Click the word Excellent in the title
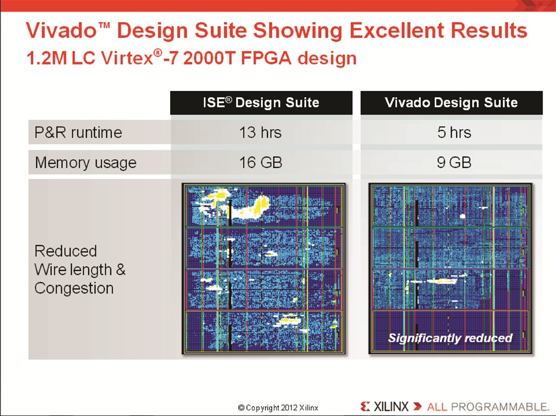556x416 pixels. point(397,30)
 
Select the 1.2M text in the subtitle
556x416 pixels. point(47,58)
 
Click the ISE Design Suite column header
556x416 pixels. point(261,103)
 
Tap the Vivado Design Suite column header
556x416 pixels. point(452,103)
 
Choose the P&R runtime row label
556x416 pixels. point(78,133)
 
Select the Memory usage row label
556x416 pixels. point(86,163)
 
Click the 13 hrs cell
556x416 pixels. point(261,133)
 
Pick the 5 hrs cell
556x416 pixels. point(454,133)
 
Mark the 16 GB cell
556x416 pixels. point(261,163)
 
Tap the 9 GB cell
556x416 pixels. point(454,163)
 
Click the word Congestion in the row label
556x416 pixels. point(74,288)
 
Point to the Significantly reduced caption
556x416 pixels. point(451,338)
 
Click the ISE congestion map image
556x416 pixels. point(263,268)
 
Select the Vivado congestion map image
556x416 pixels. point(451,268)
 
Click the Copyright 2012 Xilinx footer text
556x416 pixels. point(278,408)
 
